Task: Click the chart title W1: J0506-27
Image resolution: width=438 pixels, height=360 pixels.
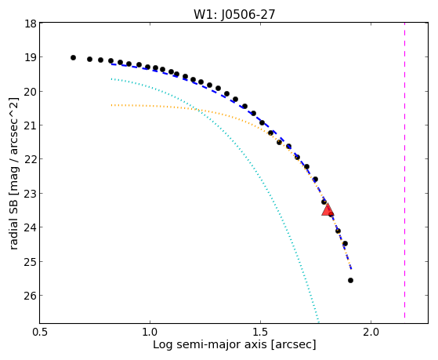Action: [234, 15]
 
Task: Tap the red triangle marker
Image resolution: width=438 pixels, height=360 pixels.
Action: [328, 209]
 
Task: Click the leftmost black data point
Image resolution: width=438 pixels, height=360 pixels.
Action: [73, 57]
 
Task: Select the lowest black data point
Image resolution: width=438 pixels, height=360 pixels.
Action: [350, 280]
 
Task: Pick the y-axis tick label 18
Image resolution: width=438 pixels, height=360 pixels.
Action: [31, 24]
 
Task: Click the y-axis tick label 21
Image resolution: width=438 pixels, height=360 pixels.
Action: [31, 125]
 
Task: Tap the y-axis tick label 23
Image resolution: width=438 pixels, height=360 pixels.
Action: [31, 193]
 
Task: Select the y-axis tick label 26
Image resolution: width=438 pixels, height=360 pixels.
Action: [31, 296]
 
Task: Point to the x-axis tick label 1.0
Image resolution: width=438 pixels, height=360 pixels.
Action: [150, 333]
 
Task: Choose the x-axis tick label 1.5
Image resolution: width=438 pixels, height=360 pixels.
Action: [260, 333]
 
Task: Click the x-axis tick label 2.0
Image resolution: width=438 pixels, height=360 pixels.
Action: [371, 333]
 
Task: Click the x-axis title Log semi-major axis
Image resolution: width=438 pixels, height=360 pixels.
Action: [210, 344]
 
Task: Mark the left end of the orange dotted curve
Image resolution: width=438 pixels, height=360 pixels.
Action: [111, 105]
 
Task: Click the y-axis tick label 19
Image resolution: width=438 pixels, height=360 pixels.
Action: [31, 57]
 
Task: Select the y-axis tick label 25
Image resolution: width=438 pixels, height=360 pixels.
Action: [31, 261]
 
